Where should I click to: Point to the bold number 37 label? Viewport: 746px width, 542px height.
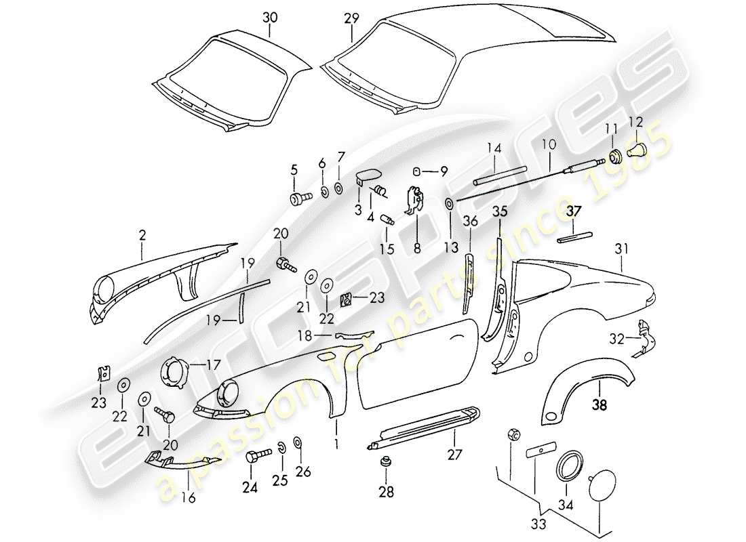[x=574, y=212]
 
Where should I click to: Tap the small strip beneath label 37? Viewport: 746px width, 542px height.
[x=575, y=237]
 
